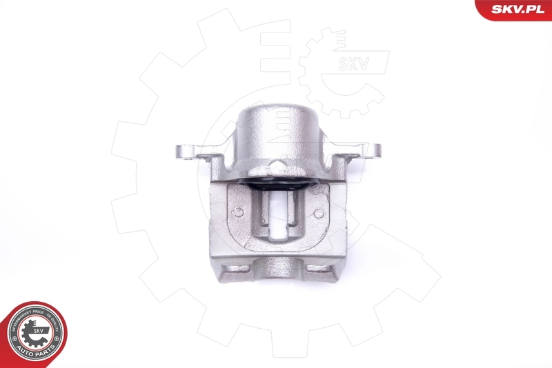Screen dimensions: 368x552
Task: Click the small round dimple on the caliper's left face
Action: click(x=238, y=212)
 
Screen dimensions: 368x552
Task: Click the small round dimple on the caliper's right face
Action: click(x=318, y=213)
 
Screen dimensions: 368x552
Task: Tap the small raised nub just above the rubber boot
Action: click(x=276, y=165)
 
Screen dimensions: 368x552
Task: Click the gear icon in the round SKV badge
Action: click(x=34, y=334)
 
